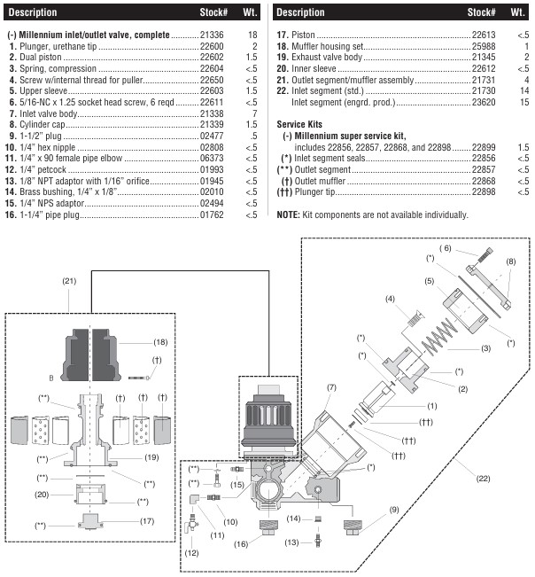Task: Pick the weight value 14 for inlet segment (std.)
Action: click(523, 91)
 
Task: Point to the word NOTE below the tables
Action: click(289, 214)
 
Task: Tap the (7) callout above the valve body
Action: click(331, 387)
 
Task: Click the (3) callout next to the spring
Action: click(485, 348)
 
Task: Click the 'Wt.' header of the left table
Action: click(252, 12)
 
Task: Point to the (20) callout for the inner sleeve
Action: click(41, 494)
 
